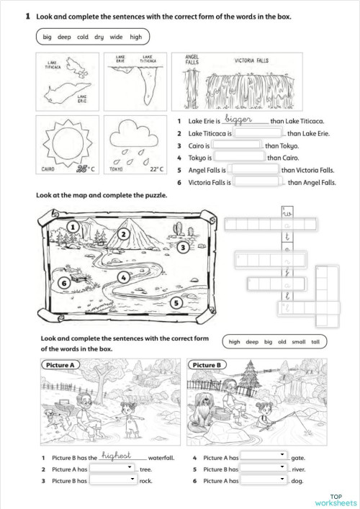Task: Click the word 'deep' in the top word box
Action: (64, 36)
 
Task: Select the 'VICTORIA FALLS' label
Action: (252, 61)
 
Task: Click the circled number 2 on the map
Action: (124, 233)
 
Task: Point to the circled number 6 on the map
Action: (64, 284)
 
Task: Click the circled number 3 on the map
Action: (184, 247)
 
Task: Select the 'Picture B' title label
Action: (210, 364)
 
